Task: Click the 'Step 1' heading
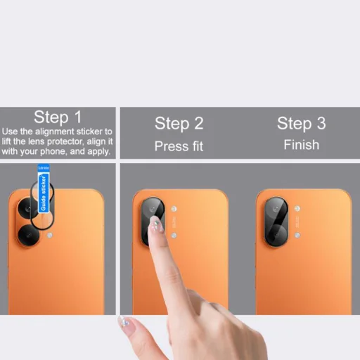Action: (58, 117)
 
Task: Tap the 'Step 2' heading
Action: (179, 124)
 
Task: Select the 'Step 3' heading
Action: (301, 124)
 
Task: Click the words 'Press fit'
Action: (179, 146)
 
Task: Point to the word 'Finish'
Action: (301, 145)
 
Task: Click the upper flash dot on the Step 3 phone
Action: (297, 209)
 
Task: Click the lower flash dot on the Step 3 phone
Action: (297, 235)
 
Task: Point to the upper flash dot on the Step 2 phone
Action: (174, 209)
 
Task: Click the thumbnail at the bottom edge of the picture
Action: (124, 322)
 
